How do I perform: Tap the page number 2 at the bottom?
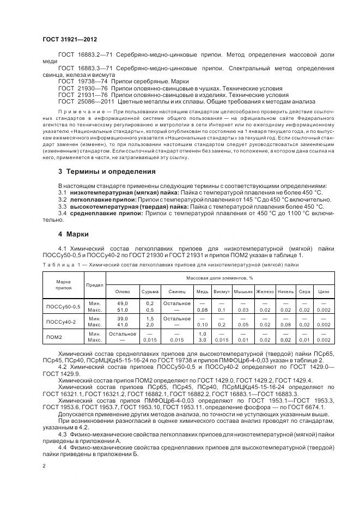point(44,466)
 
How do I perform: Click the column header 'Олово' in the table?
point(123,291)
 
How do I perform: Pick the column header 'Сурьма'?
point(150,291)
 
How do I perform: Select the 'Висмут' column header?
point(221,291)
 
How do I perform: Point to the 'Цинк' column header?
point(323,291)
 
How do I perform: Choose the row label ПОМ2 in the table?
point(54,337)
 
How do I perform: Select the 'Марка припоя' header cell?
point(64,284)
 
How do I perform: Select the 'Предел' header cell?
point(95,284)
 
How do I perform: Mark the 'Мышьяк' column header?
point(243,291)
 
